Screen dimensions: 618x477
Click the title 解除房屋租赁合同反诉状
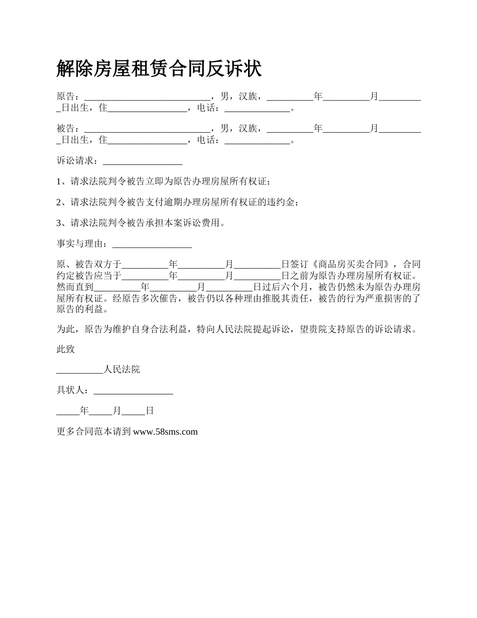(x=159, y=69)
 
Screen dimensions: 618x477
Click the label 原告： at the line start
(x=68, y=96)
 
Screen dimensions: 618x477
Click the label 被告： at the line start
(x=68, y=129)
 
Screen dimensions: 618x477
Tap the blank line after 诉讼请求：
(x=142, y=161)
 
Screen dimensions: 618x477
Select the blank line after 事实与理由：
(x=152, y=244)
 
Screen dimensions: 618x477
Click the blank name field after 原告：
(x=147, y=96)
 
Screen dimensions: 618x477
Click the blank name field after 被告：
(x=147, y=129)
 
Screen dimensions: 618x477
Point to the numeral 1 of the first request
(x=59, y=181)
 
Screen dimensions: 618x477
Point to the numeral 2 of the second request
(x=59, y=202)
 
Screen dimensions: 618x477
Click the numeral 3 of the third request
(x=59, y=223)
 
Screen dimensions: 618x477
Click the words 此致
(x=66, y=349)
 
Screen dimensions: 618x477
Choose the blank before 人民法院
(x=79, y=370)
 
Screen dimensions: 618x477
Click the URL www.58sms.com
(x=165, y=432)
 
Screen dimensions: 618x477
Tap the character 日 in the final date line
(x=150, y=411)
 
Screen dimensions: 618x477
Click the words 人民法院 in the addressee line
(x=122, y=370)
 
